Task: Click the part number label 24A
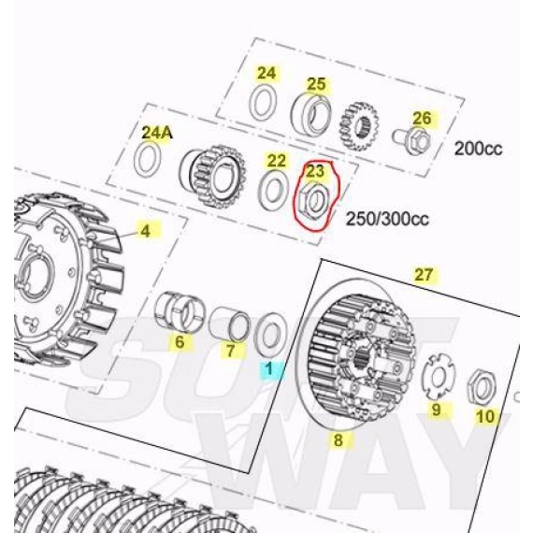(157, 133)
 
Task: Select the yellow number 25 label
(316, 84)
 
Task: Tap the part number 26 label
(422, 119)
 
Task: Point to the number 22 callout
(277, 161)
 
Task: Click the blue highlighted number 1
(269, 368)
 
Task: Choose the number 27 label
(424, 274)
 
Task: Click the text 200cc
(478, 149)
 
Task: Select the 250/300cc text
(387, 219)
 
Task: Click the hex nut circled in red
(313, 200)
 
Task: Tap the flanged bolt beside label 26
(412, 140)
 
